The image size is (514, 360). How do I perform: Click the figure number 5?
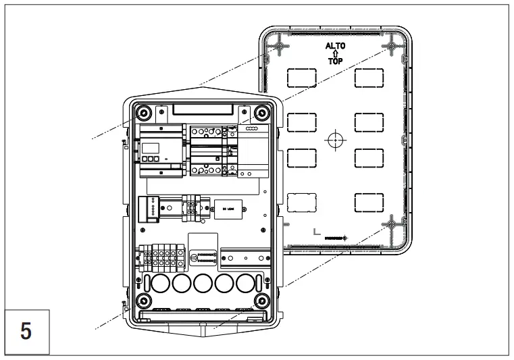point(26,332)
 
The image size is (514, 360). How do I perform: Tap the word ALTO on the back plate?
point(335,47)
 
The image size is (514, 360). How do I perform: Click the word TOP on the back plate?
point(335,61)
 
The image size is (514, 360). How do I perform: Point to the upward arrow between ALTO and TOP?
point(335,54)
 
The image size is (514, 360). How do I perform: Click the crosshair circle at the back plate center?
point(335,140)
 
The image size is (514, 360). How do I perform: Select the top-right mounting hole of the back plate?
point(391,47)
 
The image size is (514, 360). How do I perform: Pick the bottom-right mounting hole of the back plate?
point(391,224)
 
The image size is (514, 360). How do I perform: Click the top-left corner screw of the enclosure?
point(143,113)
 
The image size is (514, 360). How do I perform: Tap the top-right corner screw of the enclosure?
point(262,113)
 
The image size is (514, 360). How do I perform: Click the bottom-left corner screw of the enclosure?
point(143,301)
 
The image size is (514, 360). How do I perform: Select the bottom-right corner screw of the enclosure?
point(262,301)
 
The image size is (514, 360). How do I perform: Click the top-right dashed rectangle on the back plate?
point(369,78)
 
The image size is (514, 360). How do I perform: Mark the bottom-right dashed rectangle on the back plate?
point(369,202)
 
